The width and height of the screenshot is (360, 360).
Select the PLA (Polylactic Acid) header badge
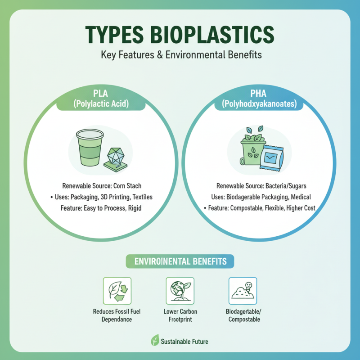(101, 99)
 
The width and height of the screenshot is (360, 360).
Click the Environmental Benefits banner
(180, 261)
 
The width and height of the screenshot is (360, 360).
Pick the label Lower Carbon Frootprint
(180, 315)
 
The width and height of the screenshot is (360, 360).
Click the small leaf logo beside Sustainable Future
(154, 341)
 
